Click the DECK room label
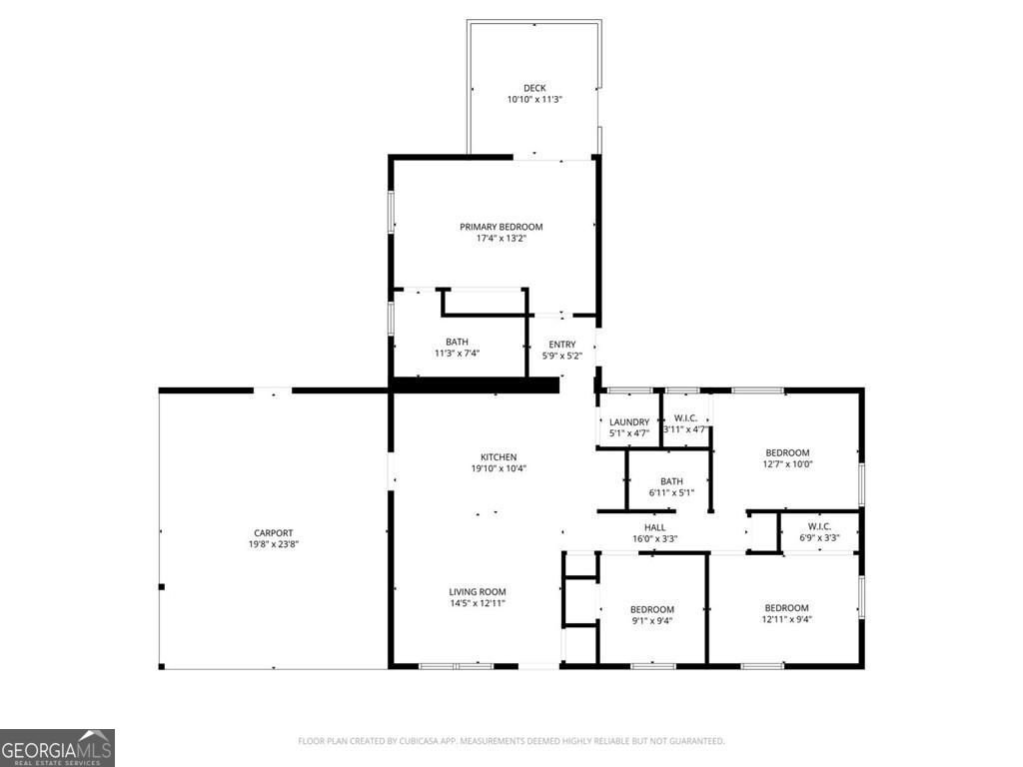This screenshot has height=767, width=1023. point(534,88)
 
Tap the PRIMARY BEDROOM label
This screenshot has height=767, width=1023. point(502,227)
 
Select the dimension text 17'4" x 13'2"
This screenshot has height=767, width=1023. point(502,239)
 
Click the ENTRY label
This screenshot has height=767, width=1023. point(562,345)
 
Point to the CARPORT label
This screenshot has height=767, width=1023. point(274,533)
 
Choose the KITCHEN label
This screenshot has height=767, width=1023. point(499,457)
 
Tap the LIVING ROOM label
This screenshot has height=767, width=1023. point(478,592)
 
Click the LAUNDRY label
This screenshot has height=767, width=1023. point(629,422)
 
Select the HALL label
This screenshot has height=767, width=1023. point(655,527)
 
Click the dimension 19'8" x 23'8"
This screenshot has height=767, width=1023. point(274,544)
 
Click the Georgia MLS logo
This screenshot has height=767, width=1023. point(57,748)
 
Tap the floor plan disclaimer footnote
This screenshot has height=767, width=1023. point(511,741)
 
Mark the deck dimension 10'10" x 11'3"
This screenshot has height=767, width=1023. point(534,100)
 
